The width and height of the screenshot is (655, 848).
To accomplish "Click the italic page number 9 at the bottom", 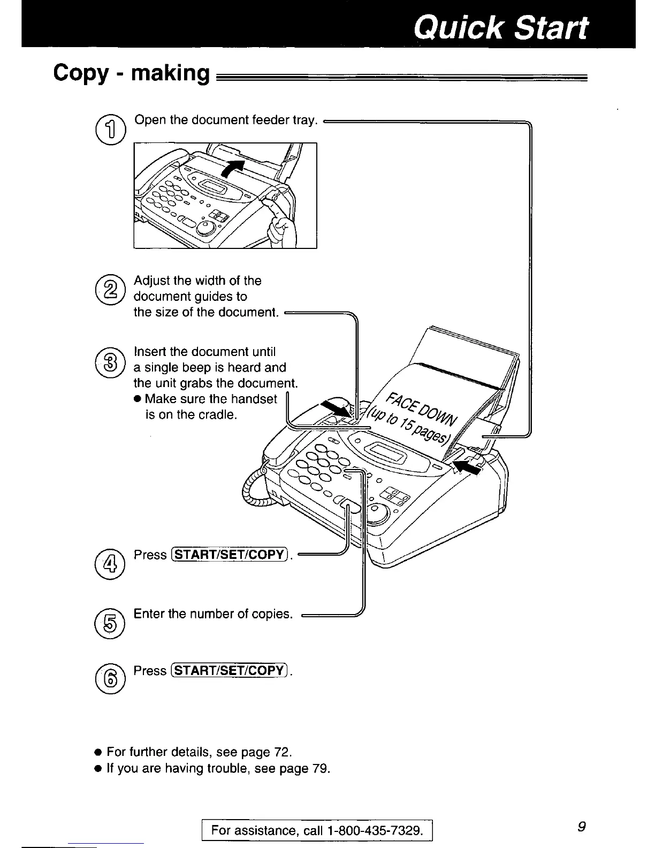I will (x=582, y=827).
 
